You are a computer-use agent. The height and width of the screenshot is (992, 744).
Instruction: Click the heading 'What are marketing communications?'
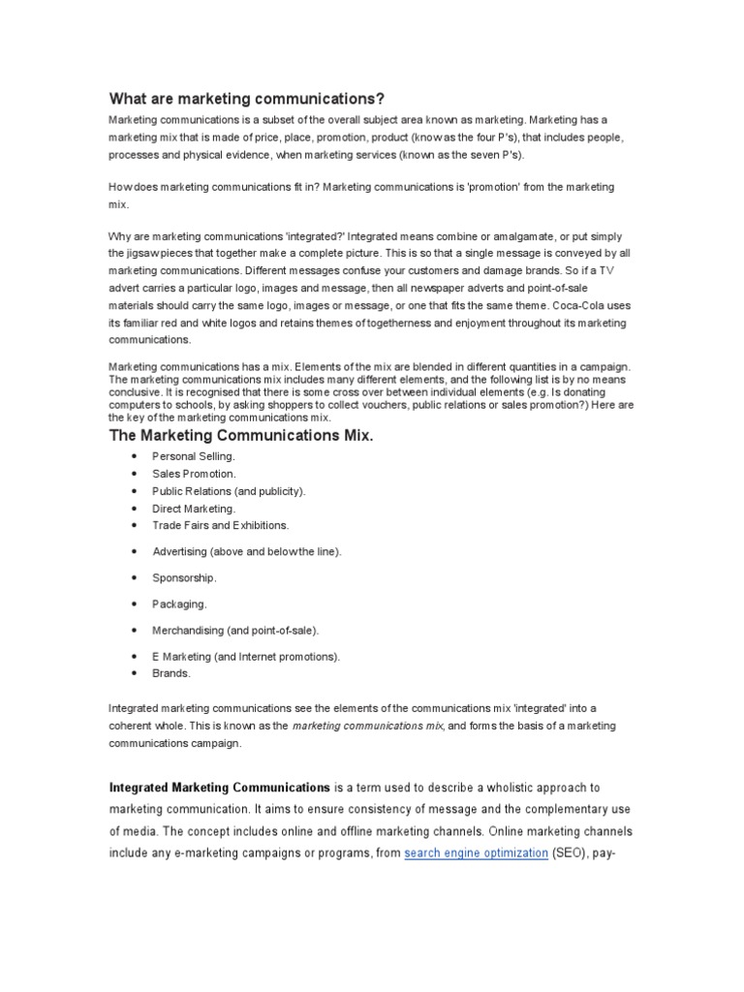[247, 99]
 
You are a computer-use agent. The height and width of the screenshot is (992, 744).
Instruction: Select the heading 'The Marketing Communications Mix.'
[240, 436]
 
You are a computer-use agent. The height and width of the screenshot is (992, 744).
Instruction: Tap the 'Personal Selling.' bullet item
[194, 456]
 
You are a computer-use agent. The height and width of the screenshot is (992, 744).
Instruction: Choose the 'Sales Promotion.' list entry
[194, 474]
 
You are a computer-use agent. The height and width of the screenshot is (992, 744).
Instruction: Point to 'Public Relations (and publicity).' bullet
[229, 491]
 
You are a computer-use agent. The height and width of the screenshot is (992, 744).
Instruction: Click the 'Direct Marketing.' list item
[194, 509]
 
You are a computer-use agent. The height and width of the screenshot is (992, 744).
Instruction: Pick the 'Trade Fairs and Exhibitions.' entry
[221, 525]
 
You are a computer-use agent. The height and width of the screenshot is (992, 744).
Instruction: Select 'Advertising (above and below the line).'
[247, 551]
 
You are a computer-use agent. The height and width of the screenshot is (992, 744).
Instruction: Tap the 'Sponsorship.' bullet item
[184, 577]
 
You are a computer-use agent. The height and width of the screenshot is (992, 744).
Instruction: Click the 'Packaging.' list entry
[180, 604]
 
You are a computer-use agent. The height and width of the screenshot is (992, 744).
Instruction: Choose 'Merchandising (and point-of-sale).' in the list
[235, 630]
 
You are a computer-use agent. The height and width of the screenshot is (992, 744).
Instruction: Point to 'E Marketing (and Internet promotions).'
[246, 657]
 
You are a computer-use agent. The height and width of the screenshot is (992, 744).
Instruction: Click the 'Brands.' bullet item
[171, 672]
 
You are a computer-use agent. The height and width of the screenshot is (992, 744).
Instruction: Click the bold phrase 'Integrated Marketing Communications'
[220, 789]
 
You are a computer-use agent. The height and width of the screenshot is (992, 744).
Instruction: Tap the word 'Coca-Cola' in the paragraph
[578, 305]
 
